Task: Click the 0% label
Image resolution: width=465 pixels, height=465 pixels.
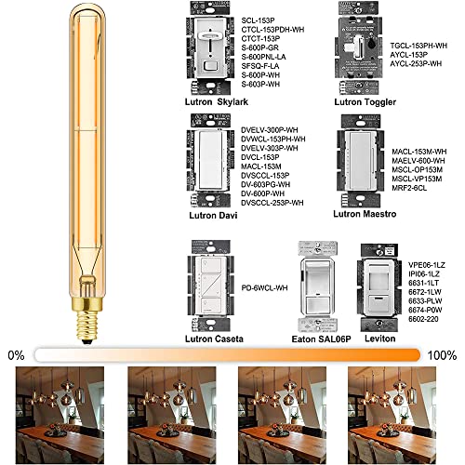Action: coord(16,354)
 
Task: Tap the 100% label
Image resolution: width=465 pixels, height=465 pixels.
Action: coord(445,354)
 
